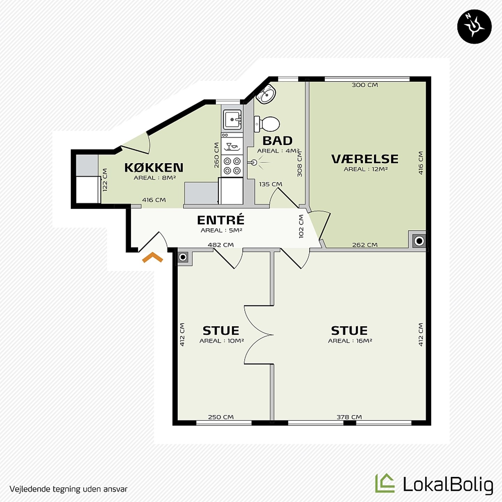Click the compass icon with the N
[474, 26]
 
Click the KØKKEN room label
[154, 167]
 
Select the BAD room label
[277, 141]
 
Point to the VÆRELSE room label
[365, 159]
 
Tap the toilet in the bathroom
[267, 124]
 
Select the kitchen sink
[232, 120]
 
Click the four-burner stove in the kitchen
[232, 166]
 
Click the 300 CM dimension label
[365, 85]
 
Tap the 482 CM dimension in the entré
[221, 245]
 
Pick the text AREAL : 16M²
[350, 341]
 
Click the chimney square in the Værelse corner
[419, 241]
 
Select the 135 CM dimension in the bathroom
[271, 184]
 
